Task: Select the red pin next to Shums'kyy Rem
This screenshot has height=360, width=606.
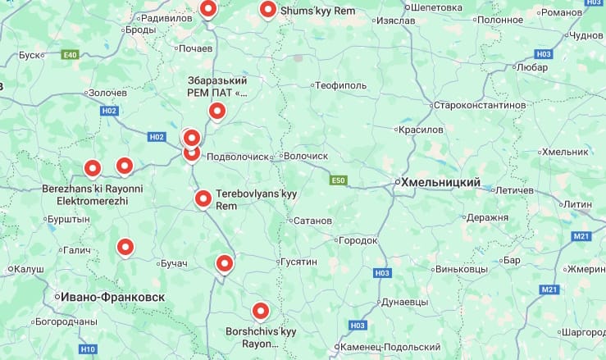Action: (x=267, y=10)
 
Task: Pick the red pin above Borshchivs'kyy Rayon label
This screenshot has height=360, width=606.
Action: (x=261, y=312)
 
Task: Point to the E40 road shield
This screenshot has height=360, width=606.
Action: (x=70, y=55)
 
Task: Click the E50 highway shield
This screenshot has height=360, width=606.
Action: (x=339, y=180)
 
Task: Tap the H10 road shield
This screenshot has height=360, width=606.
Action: (x=89, y=349)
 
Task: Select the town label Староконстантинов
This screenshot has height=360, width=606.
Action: (x=479, y=106)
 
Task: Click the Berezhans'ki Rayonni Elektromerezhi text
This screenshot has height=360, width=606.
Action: (x=92, y=194)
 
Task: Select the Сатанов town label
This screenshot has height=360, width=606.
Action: (x=312, y=221)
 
